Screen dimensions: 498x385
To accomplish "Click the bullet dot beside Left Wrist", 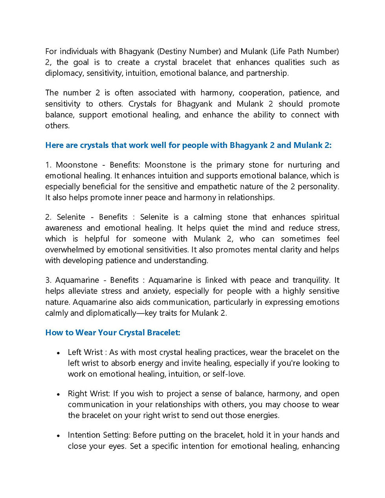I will point(58,353).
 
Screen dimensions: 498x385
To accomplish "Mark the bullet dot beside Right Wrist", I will point(58,394).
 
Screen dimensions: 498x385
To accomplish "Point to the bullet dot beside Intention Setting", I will point(58,436).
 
